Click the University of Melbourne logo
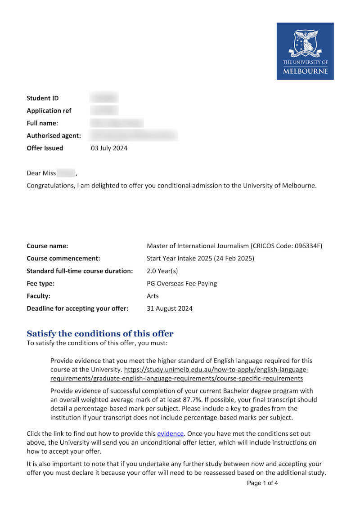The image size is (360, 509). pos(305,51)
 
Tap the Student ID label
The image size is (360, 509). pos(43,98)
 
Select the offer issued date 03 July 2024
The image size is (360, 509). pos(109,148)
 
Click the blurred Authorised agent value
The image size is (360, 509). pos(133,135)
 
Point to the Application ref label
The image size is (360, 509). pos(49,111)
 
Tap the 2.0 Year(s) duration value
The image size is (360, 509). pos(162,271)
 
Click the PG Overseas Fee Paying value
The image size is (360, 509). pos(182,284)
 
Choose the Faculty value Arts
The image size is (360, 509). pos(153,296)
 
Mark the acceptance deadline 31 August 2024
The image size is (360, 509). pos(170,308)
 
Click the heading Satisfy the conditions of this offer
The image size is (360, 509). pos(100,334)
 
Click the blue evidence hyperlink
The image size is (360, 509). pos(170,433)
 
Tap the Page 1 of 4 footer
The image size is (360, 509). pos(262,483)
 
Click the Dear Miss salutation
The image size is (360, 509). pos(41,173)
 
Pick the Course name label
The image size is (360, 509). pos(47,246)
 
